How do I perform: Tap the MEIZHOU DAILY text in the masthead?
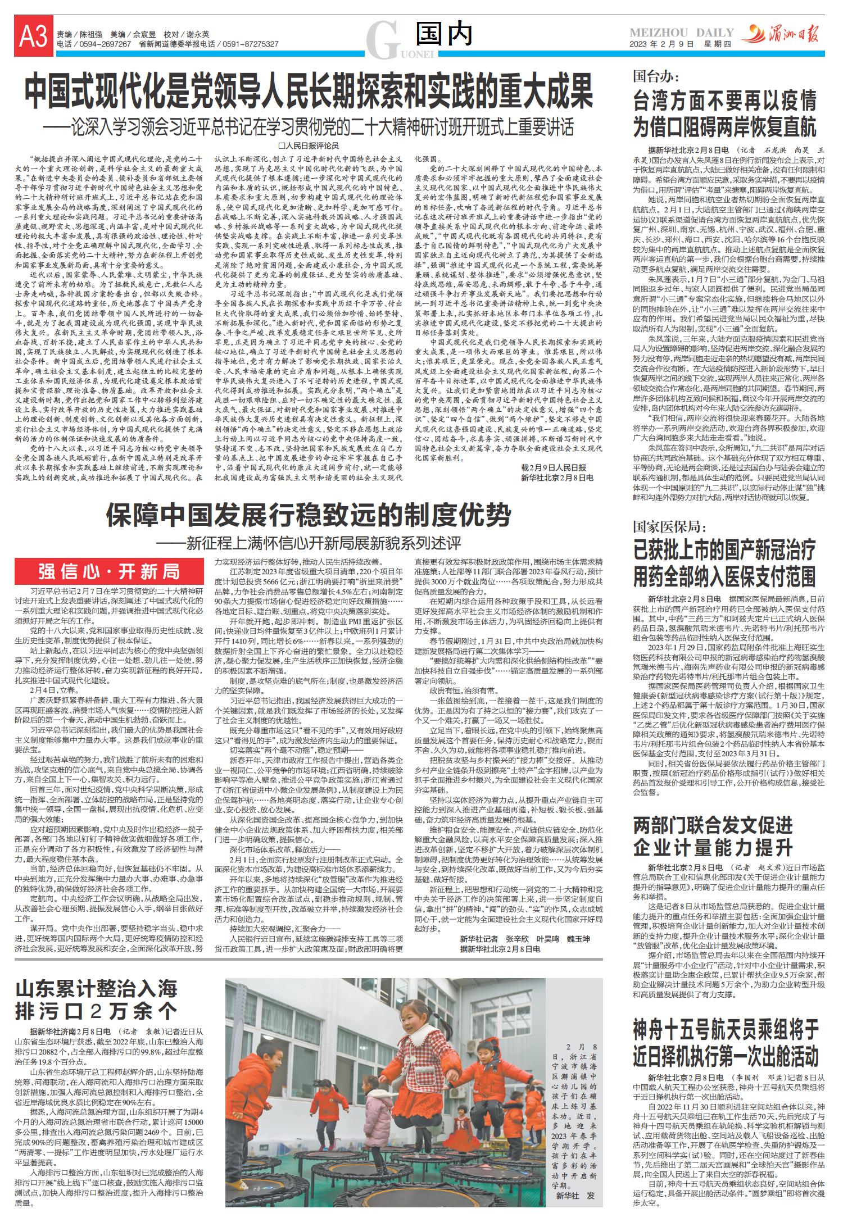coord(681,33)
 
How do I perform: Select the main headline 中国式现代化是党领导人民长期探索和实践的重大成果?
coord(309,93)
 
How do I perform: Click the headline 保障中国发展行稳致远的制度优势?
coord(309,515)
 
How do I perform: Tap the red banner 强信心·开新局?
coord(109,572)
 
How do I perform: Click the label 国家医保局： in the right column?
coord(669,526)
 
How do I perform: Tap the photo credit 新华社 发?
coord(575,1196)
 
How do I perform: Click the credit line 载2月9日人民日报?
coord(553,467)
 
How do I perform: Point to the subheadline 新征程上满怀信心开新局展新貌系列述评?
coord(309,544)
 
